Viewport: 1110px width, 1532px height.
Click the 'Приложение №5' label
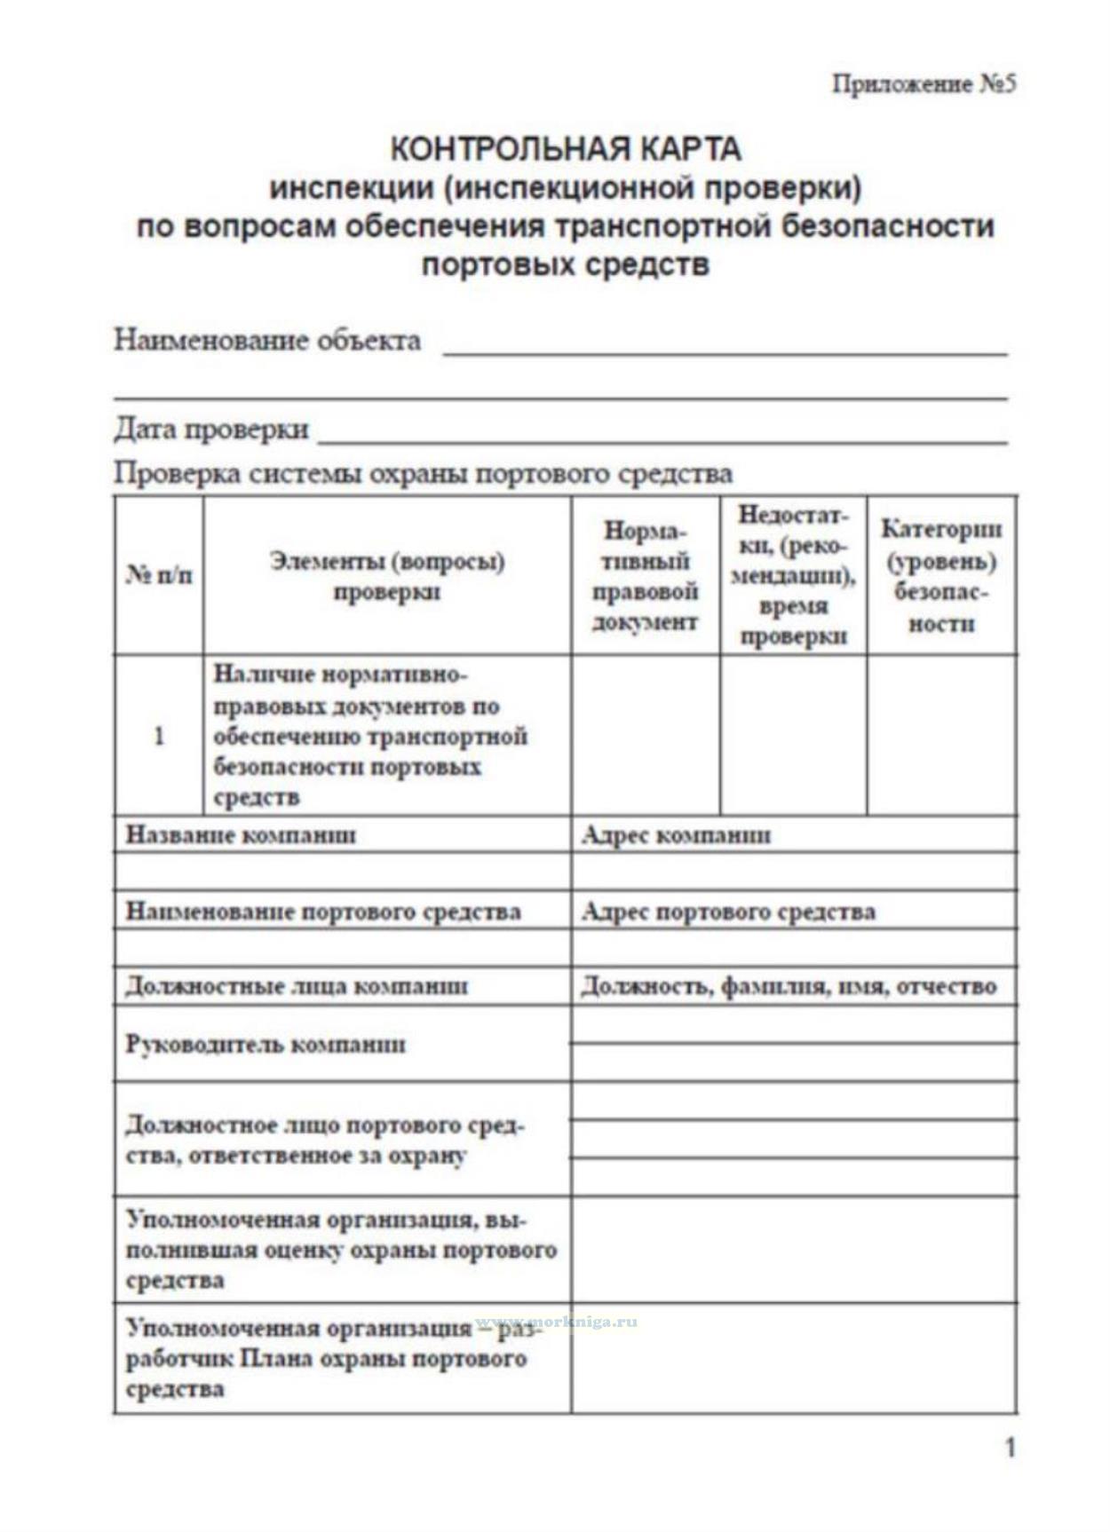[x=924, y=84]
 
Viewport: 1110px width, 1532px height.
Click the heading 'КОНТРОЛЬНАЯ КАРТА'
[x=566, y=148]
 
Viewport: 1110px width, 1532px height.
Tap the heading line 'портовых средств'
[x=566, y=265]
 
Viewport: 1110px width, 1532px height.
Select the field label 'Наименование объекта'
[x=267, y=340]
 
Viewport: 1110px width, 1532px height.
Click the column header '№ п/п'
[x=159, y=575]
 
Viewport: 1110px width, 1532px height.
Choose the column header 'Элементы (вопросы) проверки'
[x=387, y=576]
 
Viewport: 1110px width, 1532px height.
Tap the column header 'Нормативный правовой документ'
[x=646, y=576]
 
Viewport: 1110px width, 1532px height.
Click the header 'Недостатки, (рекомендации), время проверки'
[x=793, y=575]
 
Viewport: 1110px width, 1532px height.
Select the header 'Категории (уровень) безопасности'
[x=941, y=575]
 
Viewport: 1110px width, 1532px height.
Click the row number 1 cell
[x=159, y=736]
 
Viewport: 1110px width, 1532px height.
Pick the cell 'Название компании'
[x=241, y=835]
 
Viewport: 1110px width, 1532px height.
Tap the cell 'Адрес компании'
[x=676, y=835]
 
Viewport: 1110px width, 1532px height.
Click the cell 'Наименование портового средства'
[x=323, y=912]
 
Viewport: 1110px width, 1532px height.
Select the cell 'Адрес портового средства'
[x=728, y=912]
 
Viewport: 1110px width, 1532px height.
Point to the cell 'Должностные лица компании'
[x=297, y=986]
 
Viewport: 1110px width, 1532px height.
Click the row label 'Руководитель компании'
[x=266, y=1044]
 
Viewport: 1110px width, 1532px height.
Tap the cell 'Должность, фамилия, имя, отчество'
[x=789, y=986]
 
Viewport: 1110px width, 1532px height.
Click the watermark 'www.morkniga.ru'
[x=557, y=1322]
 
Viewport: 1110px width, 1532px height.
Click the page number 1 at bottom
[x=1010, y=1449]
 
